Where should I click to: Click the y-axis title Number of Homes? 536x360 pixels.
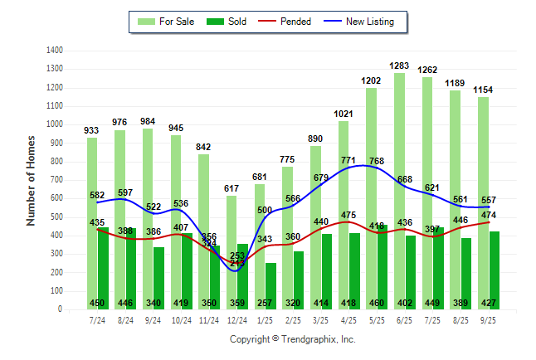pos(31,180)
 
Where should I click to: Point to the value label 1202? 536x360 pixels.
pos(371,80)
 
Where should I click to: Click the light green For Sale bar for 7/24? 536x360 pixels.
pos(92,216)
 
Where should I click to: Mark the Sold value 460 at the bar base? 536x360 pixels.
pos(377,303)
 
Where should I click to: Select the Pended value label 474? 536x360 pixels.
pos(490,215)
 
